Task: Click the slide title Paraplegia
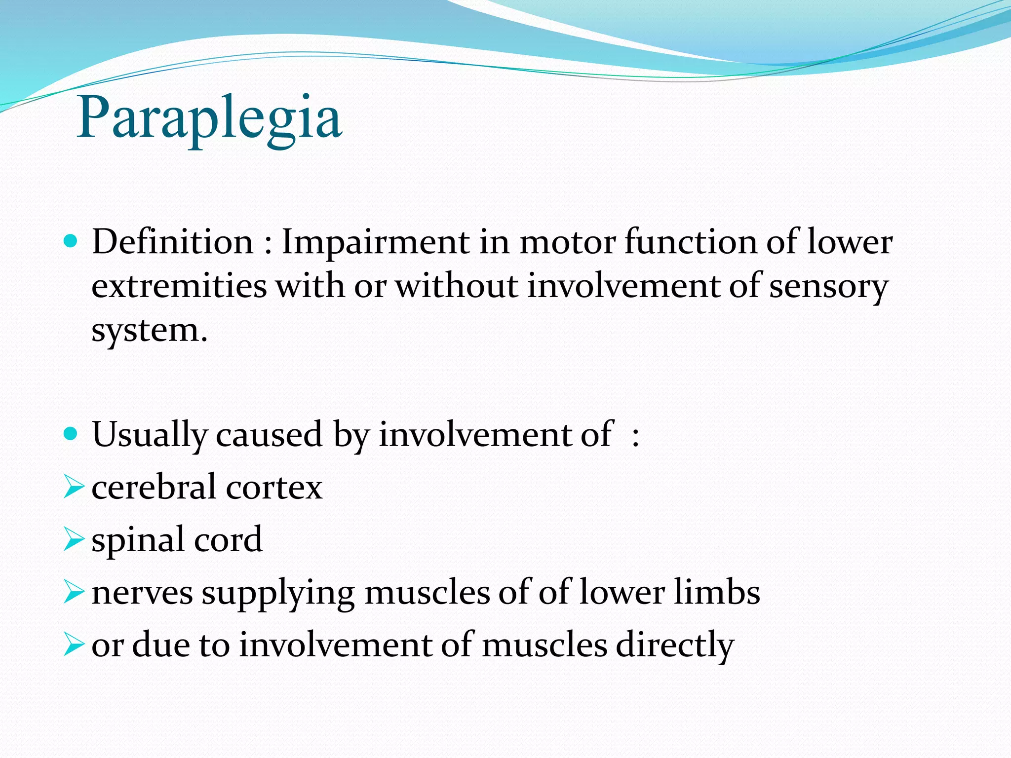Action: pyautogui.click(x=209, y=118)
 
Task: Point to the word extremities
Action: pyautogui.click(x=179, y=286)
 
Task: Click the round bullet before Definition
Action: pyautogui.click(x=71, y=241)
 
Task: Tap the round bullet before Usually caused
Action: pyautogui.click(x=71, y=434)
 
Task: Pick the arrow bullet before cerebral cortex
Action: pyautogui.click(x=74, y=487)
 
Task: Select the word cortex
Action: pyautogui.click(x=274, y=487)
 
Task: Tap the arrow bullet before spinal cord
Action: pyautogui.click(x=74, y=539)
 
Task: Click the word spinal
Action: pyautogui.click(x=138, y=540)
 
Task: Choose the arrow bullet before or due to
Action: pyautogui.click(x=74, y=645)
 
